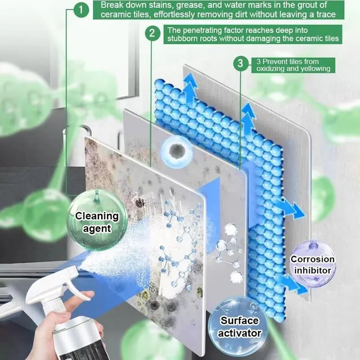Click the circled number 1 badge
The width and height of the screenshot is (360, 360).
pyautogui.click(x=81, y=9)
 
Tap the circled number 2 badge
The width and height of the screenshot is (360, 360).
pyautogui.click(x=153, y=33)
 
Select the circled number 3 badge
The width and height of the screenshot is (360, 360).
pyautogui.click(x=241, y=63)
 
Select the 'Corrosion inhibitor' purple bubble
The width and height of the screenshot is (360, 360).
pyautogui.click(x=312, y=264)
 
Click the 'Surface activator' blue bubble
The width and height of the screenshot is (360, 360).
pyautogui.click(x=240, y=326)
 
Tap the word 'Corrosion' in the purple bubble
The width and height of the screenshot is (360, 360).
pyautogui.click(x=312, y=259)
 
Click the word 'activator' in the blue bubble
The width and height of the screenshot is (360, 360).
pyautogui.click(x=240, y=333)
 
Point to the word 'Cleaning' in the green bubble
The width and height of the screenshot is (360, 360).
pyautogui.click(x=97, y=216)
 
